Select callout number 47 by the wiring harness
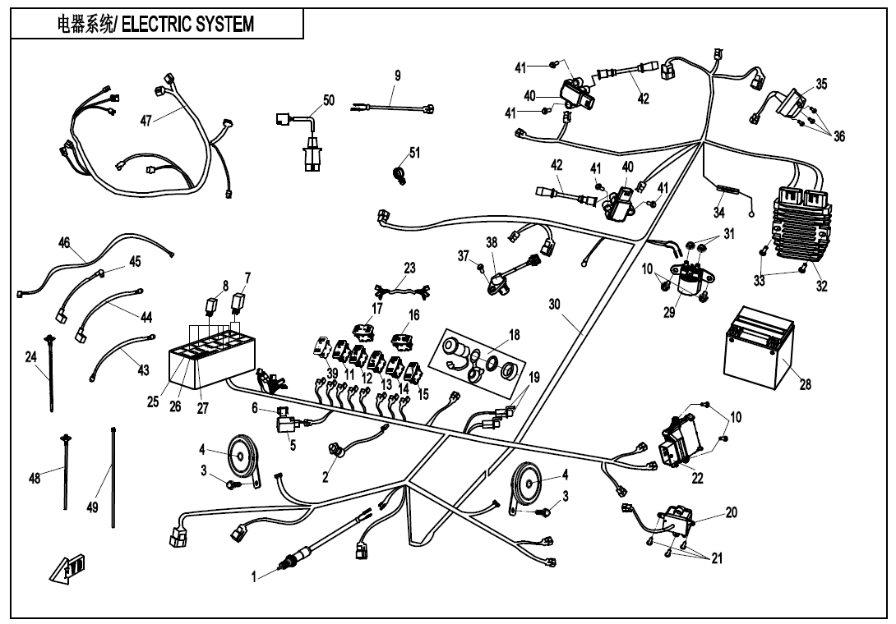(145, 120)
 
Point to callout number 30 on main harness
(555, 304)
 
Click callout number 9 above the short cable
(397, 76)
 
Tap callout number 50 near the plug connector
(329, 100)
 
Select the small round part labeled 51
(402, 174)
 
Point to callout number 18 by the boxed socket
(515, 335)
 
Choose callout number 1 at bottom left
(255, 577)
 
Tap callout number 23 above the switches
(409, 268)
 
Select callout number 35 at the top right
(821, 85)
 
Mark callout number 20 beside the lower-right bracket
(731, 512)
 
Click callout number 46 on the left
(64, 242)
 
